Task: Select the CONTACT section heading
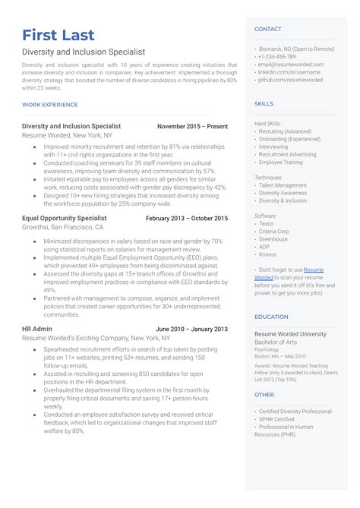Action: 268,29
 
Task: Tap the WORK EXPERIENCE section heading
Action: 50,104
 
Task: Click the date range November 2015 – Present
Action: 192,126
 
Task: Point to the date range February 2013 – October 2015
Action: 186,218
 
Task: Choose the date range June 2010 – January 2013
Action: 191,329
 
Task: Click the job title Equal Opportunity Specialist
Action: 65,218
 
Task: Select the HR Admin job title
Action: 37,329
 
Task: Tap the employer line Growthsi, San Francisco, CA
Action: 63,227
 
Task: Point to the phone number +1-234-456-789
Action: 278,57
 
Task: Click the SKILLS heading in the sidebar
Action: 264,103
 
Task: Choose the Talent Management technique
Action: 283,185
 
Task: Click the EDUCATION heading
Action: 271,317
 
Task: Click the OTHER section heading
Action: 264,395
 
